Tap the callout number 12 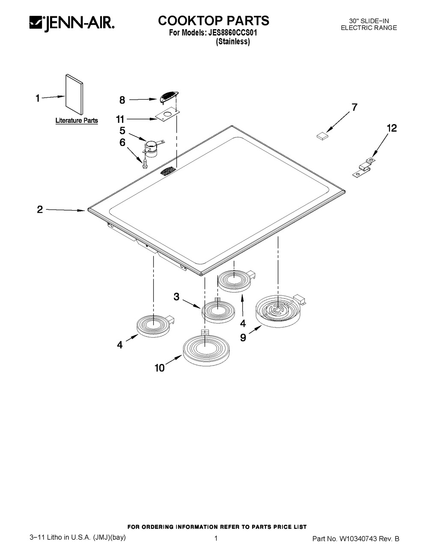point(392,128)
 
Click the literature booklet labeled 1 point(74,95)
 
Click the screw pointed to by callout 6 point(145,164)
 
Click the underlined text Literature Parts point(77,120)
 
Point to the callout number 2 point(40,209)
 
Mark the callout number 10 point(160,368)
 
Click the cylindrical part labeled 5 point(152,149)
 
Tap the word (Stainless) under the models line point(233,41)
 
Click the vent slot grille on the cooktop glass point(168,170)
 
